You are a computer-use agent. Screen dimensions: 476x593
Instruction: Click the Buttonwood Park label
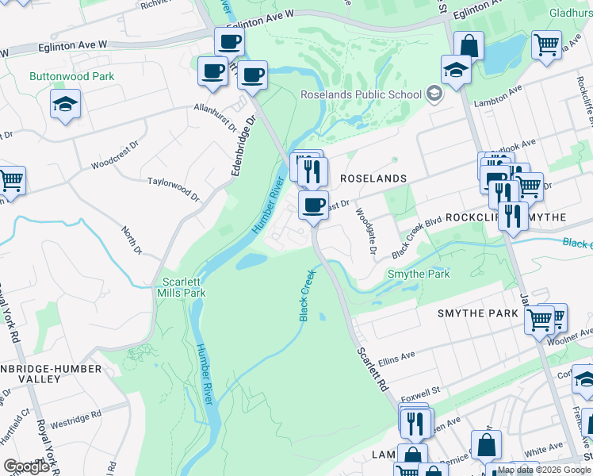pyautogui.click(x=72, y=77)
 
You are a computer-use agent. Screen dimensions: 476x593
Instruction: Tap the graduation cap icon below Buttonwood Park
pyautogui.click(x=65, y=104)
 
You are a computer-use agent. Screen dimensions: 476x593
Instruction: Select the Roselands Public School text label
pyautogui.click(x=361, y=94)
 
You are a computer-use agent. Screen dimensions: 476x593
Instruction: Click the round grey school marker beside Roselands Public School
pyautogui.click(x=433, y=94)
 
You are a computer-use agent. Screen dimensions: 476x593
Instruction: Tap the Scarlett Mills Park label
pyautogui.click(x=183, y=287)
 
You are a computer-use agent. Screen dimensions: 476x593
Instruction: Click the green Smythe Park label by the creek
pyautogui.click(x=418, y=274)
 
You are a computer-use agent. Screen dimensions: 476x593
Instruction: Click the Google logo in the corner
pyautogui.click(x=25, y=466)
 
